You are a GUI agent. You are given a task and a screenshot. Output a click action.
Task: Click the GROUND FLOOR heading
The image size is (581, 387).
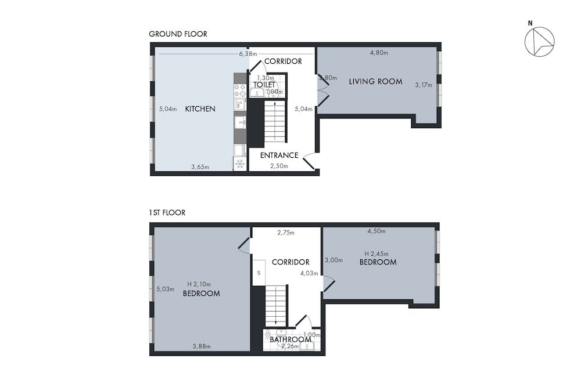[x=178, y=34]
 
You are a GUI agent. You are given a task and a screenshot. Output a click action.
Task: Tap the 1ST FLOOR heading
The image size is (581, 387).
[x=167, y=213]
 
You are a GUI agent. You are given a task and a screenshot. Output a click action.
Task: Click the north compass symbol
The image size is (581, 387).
[x=539, y=42]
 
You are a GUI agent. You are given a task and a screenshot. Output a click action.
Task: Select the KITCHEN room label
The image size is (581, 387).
[x=200, y=109]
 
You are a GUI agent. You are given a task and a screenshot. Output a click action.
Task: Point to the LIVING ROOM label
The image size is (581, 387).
[x=375, y=82]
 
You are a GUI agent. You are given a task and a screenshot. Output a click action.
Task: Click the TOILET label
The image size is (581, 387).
[x=264, y=85]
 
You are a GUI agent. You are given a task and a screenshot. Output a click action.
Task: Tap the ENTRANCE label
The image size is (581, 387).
[x=279, y=155]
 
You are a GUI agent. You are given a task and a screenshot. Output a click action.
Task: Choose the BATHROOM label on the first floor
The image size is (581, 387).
[x=290, y=339]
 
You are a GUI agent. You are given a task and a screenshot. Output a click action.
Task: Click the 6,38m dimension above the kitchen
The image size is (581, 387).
[x=248, y=54]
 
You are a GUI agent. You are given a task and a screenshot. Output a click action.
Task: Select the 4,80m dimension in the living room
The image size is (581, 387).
[x=379, y=53]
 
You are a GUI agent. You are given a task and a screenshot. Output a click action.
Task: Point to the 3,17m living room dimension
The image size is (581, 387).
[x=424, y=85]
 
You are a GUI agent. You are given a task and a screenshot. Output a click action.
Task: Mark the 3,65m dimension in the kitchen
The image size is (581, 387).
[x=200, y=167]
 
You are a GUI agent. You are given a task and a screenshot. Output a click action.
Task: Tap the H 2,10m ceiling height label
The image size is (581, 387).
[x=199, y=284]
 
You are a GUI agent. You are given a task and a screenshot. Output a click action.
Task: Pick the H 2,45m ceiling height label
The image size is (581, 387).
[x=376, y=254]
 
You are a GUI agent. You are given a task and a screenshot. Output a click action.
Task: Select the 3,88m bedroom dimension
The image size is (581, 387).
[x=201, y=346]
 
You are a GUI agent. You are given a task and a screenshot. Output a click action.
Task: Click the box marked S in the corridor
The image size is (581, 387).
[x=259, y=273]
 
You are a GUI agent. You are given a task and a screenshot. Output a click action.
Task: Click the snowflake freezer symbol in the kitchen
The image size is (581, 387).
[x=239, y=165]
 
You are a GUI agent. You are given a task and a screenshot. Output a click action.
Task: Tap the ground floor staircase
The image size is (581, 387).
[x=275, y=122]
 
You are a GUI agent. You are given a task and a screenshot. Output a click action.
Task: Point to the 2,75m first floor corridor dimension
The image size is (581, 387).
[x=285, y=233]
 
